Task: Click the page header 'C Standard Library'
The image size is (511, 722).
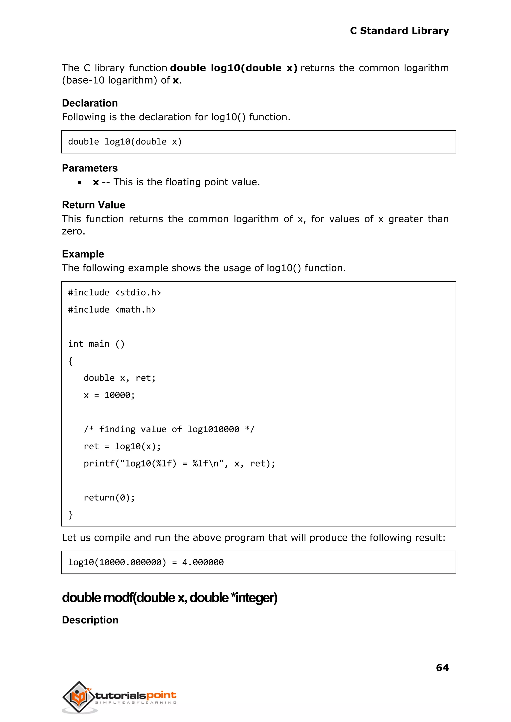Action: tap(399, 31)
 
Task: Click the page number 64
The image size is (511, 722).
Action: tap(442, 667)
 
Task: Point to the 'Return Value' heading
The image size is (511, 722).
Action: tap(94, 205)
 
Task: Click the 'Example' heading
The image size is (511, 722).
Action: tap(83, 254)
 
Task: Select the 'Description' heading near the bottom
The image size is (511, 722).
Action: tap(90, 620)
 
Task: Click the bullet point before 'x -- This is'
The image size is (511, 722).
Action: tap(80, 182)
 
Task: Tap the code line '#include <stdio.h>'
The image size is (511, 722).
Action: tap(115, 293)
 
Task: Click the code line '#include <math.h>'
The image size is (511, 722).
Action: tap(112, 310)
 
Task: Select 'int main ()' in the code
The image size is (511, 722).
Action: tap(96, 344)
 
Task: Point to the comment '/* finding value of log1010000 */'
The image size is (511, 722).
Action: tap(169, 429)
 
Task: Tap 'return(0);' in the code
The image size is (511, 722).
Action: tap(109, 498)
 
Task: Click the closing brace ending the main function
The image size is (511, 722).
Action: tap(71, 515)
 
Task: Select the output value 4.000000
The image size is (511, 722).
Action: tap(203, 563)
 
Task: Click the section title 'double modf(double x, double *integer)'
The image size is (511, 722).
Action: tap(170, 598)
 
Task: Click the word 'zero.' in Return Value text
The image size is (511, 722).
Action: tap(73, 232)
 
